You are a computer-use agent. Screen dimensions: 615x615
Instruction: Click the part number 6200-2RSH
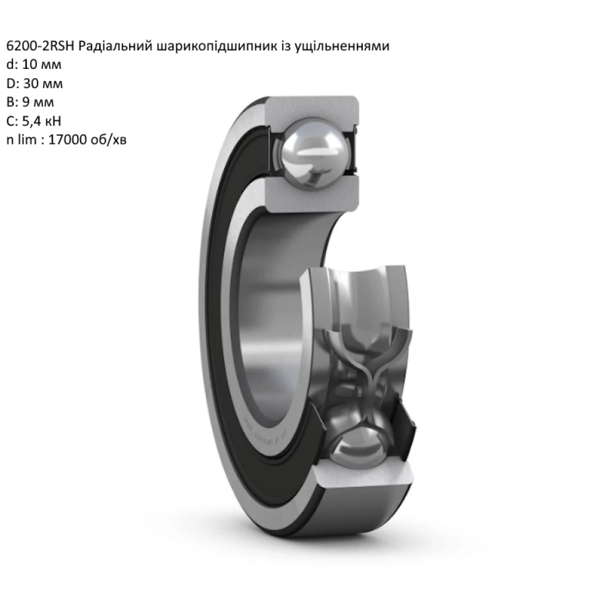[x=40, y=47]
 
